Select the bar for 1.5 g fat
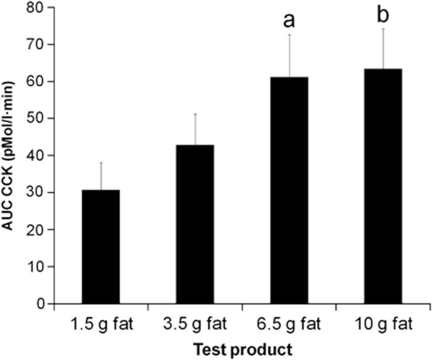pos(101,246)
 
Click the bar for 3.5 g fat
pos(195,224)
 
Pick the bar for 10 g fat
pos(383,186)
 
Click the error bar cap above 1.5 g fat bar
pos(101,162)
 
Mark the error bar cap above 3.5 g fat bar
pos(195,114)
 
